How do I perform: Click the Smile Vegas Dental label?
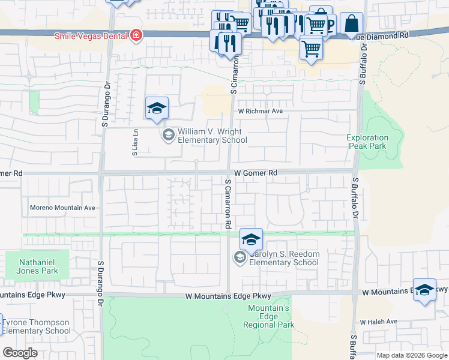tap(91, 36)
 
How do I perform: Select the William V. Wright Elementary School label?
tap(212, 136)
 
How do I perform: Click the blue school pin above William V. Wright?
tap(157, 109)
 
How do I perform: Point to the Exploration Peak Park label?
tap(367, 142)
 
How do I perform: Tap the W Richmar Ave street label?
tap(260, 111)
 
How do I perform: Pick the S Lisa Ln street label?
tap(136, 143)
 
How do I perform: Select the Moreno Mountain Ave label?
tap(62, 208)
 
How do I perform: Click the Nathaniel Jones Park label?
tap(37, 267)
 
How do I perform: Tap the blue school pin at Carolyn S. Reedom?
tap(251, 239)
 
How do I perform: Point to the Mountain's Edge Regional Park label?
tap(269, 316)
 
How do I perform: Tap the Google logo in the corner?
tap(20, 353)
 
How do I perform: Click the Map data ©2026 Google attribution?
tap(412, 355)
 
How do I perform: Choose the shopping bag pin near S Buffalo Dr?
tap(351, 25)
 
